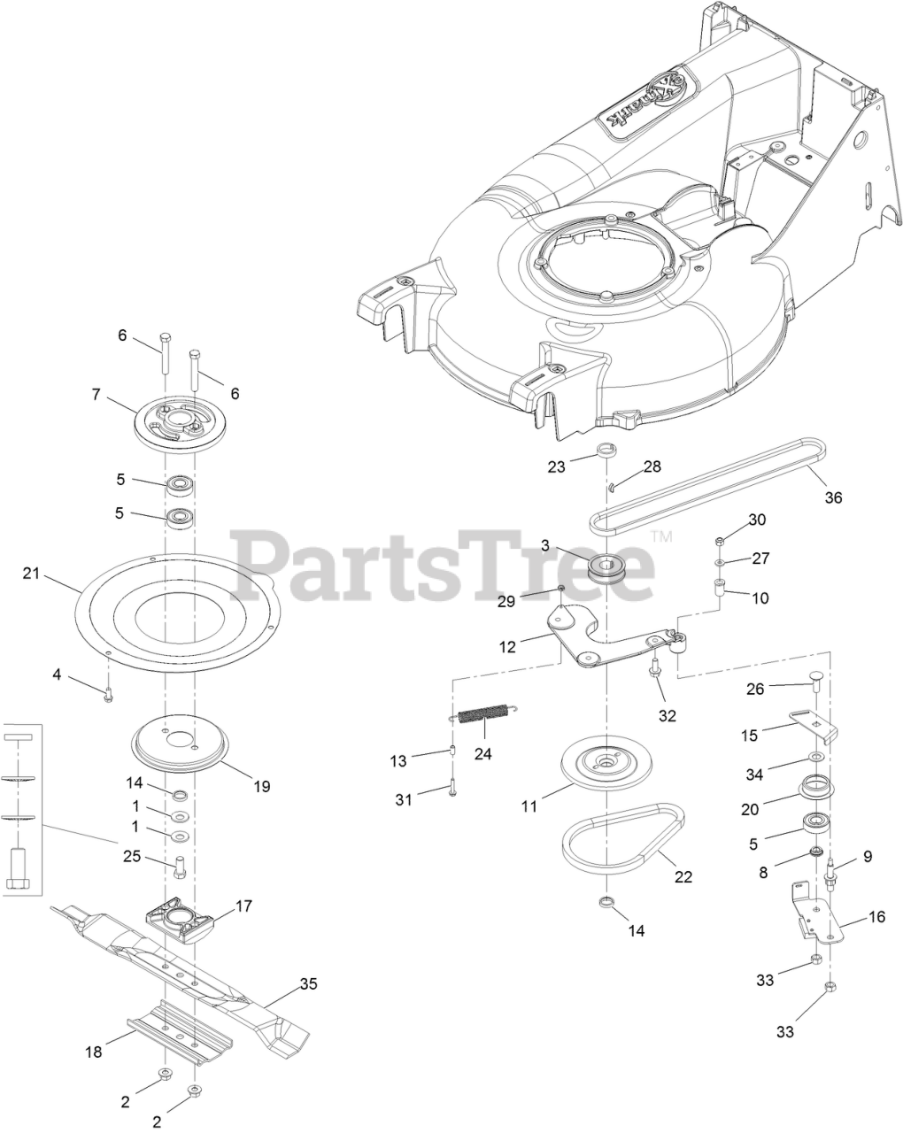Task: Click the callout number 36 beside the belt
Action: tap(833, 497)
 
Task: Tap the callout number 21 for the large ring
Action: tap(32, 574)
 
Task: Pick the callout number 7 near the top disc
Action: tap(96, 394)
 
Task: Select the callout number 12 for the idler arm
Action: tap(507, 647)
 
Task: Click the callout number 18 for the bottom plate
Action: tap(94, 1052)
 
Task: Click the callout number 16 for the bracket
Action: tap(876, 917)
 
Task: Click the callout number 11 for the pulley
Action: tap(529, 806)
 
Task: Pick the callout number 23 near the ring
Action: tap(556, 466)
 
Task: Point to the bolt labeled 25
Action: tap(180, 866)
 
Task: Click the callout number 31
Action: tap(404, 800)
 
